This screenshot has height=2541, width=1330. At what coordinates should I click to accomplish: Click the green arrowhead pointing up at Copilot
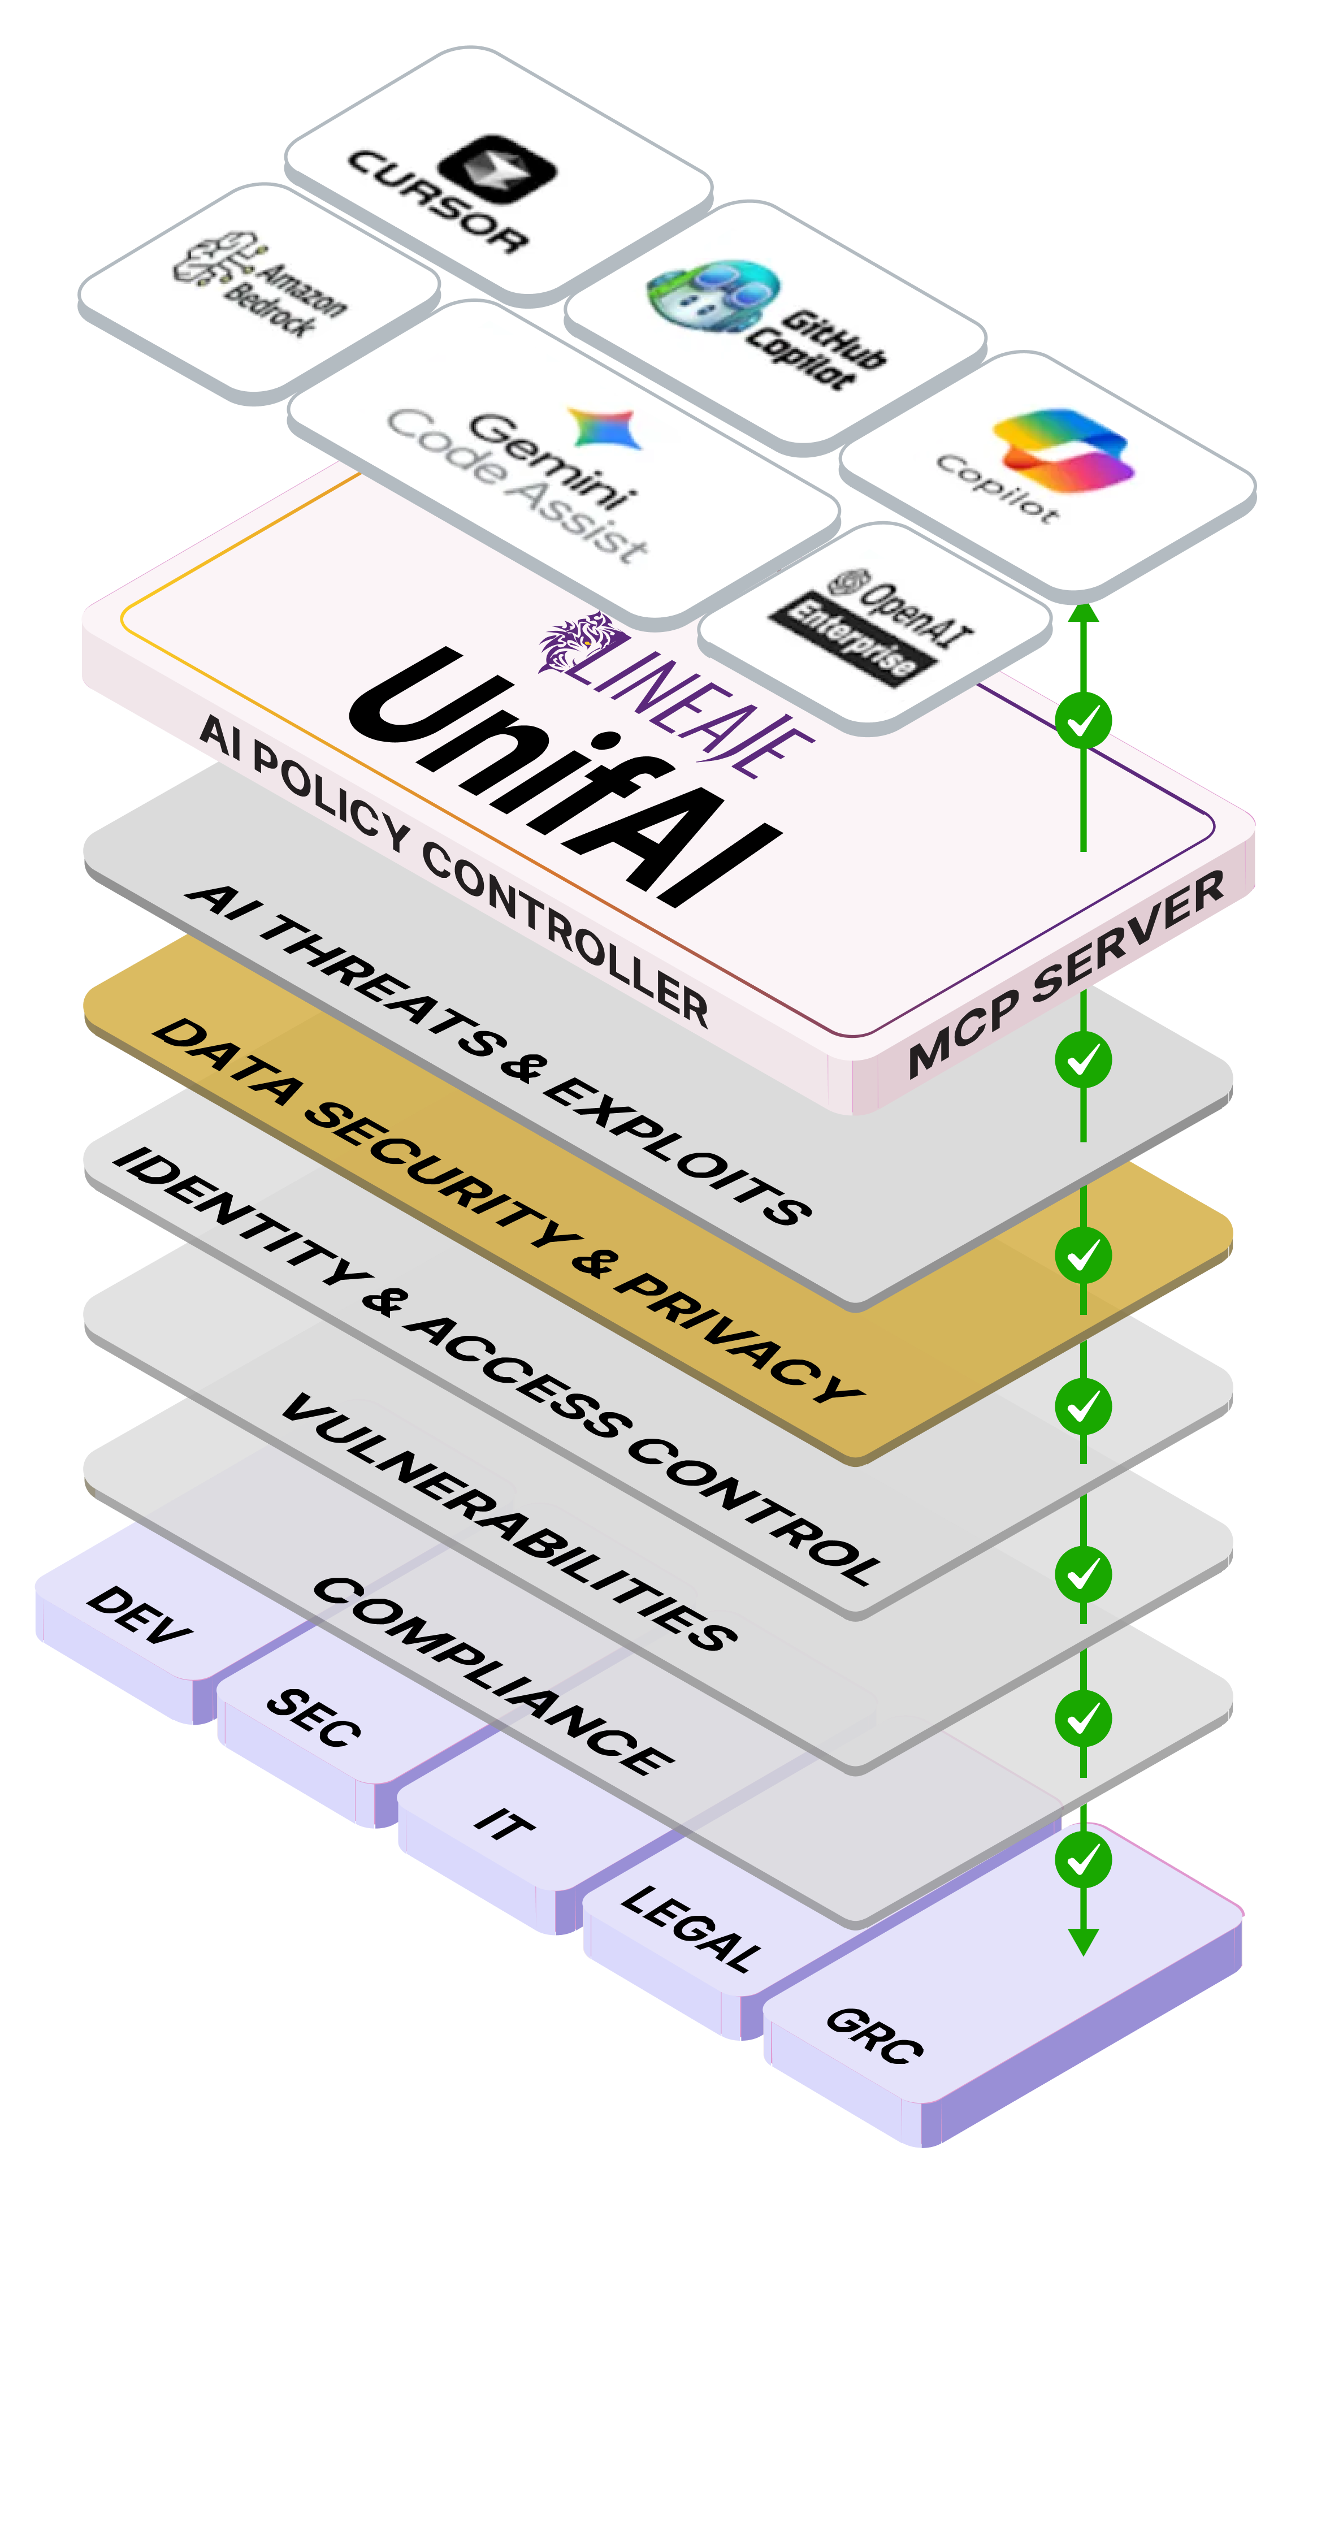[x=1084, y=613]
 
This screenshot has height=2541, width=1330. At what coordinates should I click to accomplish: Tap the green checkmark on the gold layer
[x=1084, y=1255]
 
